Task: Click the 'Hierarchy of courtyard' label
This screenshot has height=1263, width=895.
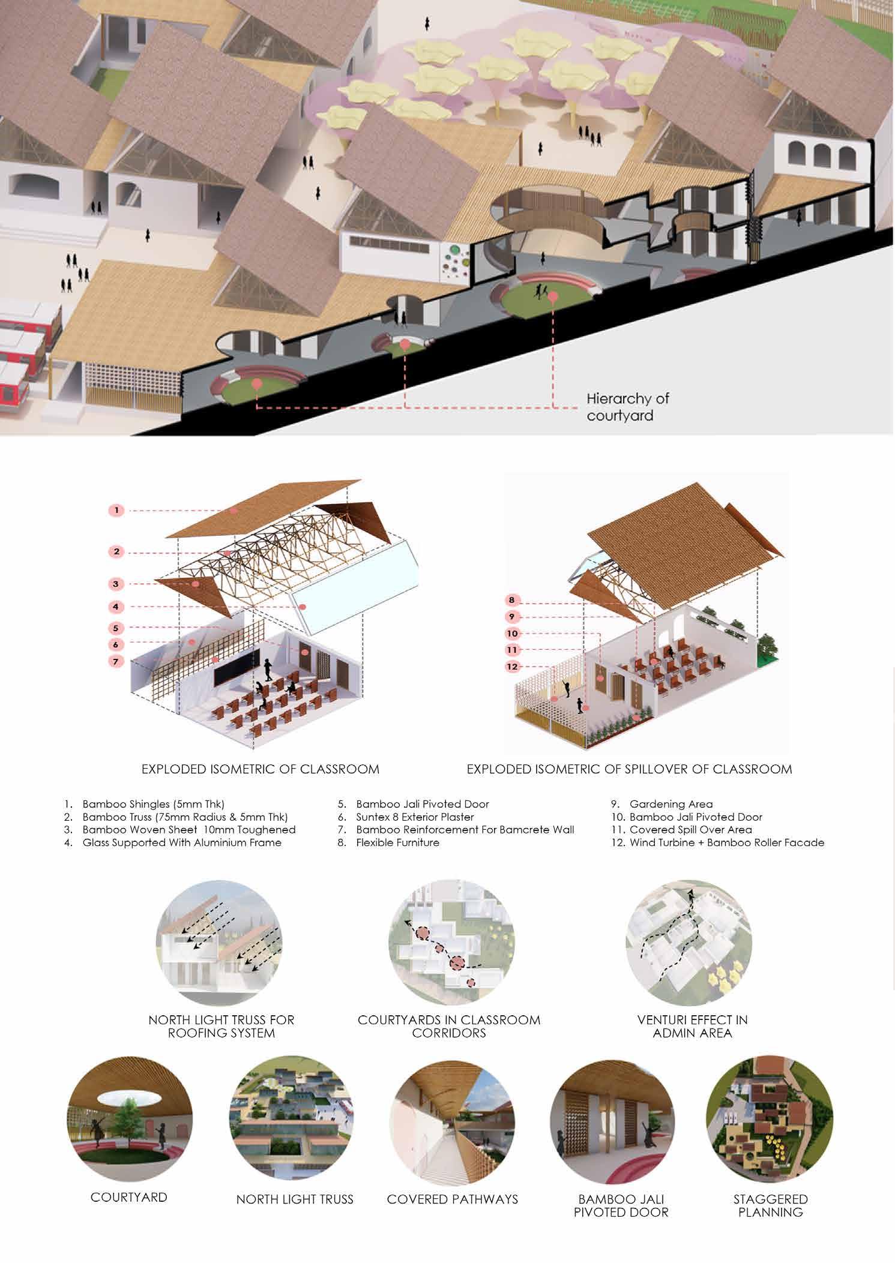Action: coord(627,406)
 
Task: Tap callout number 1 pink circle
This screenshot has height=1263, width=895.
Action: coord(116,511)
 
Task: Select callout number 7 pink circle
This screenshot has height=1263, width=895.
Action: coord(116,661)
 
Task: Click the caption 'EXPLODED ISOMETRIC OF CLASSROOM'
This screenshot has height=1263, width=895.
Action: coord(260,769)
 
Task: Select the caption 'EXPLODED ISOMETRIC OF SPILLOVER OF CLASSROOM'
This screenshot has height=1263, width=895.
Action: coord(629,769)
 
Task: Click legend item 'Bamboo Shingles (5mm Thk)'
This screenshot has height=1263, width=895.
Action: coord(153,804)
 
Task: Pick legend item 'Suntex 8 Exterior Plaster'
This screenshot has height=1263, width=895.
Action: coord(415,817)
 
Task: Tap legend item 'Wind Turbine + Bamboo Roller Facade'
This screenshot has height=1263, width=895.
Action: coord(726,842)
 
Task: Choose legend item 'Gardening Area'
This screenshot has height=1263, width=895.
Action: coord(670,804)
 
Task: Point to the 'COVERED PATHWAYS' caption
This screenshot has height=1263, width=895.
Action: coord(452,1199)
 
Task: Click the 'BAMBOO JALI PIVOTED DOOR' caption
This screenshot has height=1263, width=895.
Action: coord(621,1205)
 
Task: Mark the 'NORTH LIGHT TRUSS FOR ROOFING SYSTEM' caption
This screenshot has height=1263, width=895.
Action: coord(221,1027)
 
